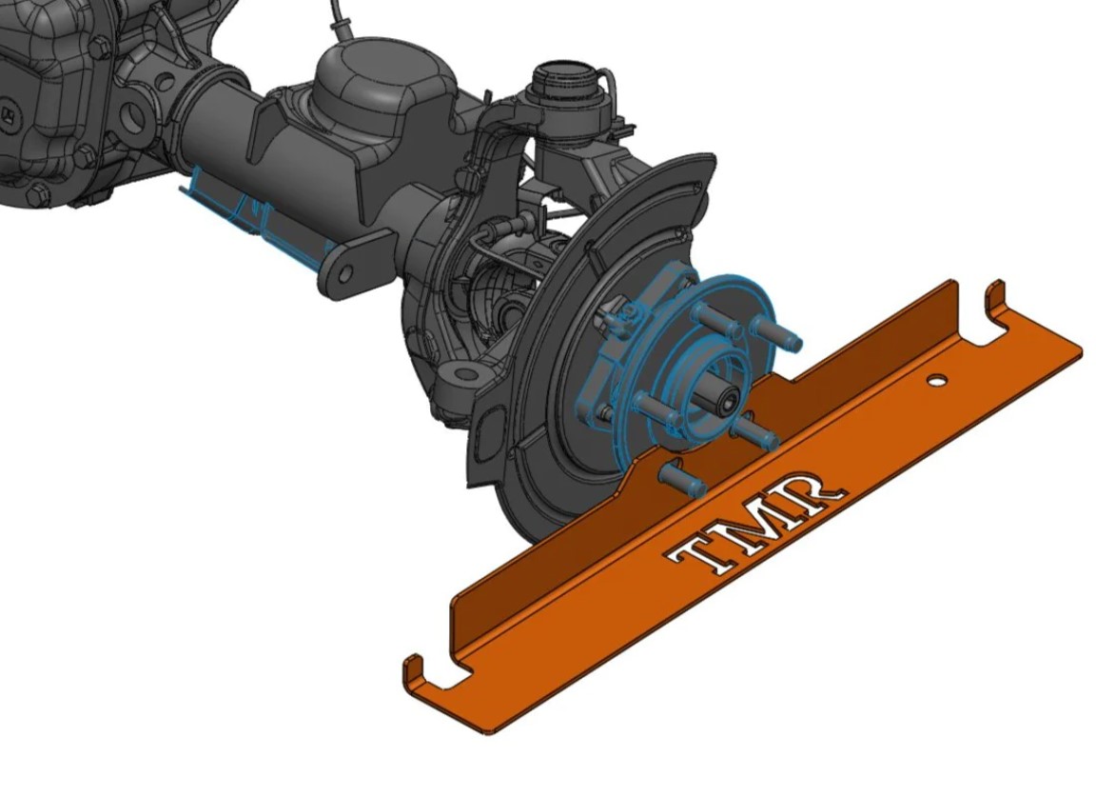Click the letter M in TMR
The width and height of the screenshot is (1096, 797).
pyautogui.click(x=757, y=519)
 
